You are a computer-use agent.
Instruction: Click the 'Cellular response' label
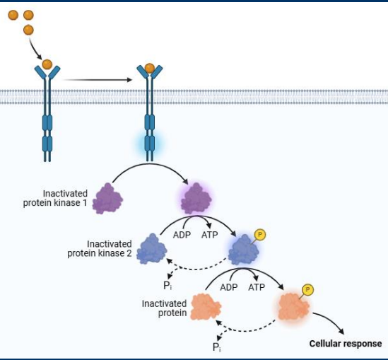[x=346, y=344]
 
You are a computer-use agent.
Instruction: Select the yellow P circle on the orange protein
[x=307, y=289]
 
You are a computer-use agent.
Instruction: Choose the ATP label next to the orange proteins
[x=256, y=288]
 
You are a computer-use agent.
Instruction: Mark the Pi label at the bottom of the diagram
[x=218, y=346]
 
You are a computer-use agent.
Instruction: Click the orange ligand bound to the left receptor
[x=47, y=64]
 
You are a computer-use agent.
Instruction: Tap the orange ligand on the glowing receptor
[x=149, y=69]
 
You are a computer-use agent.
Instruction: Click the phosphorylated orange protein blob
[x=293, y=308]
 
